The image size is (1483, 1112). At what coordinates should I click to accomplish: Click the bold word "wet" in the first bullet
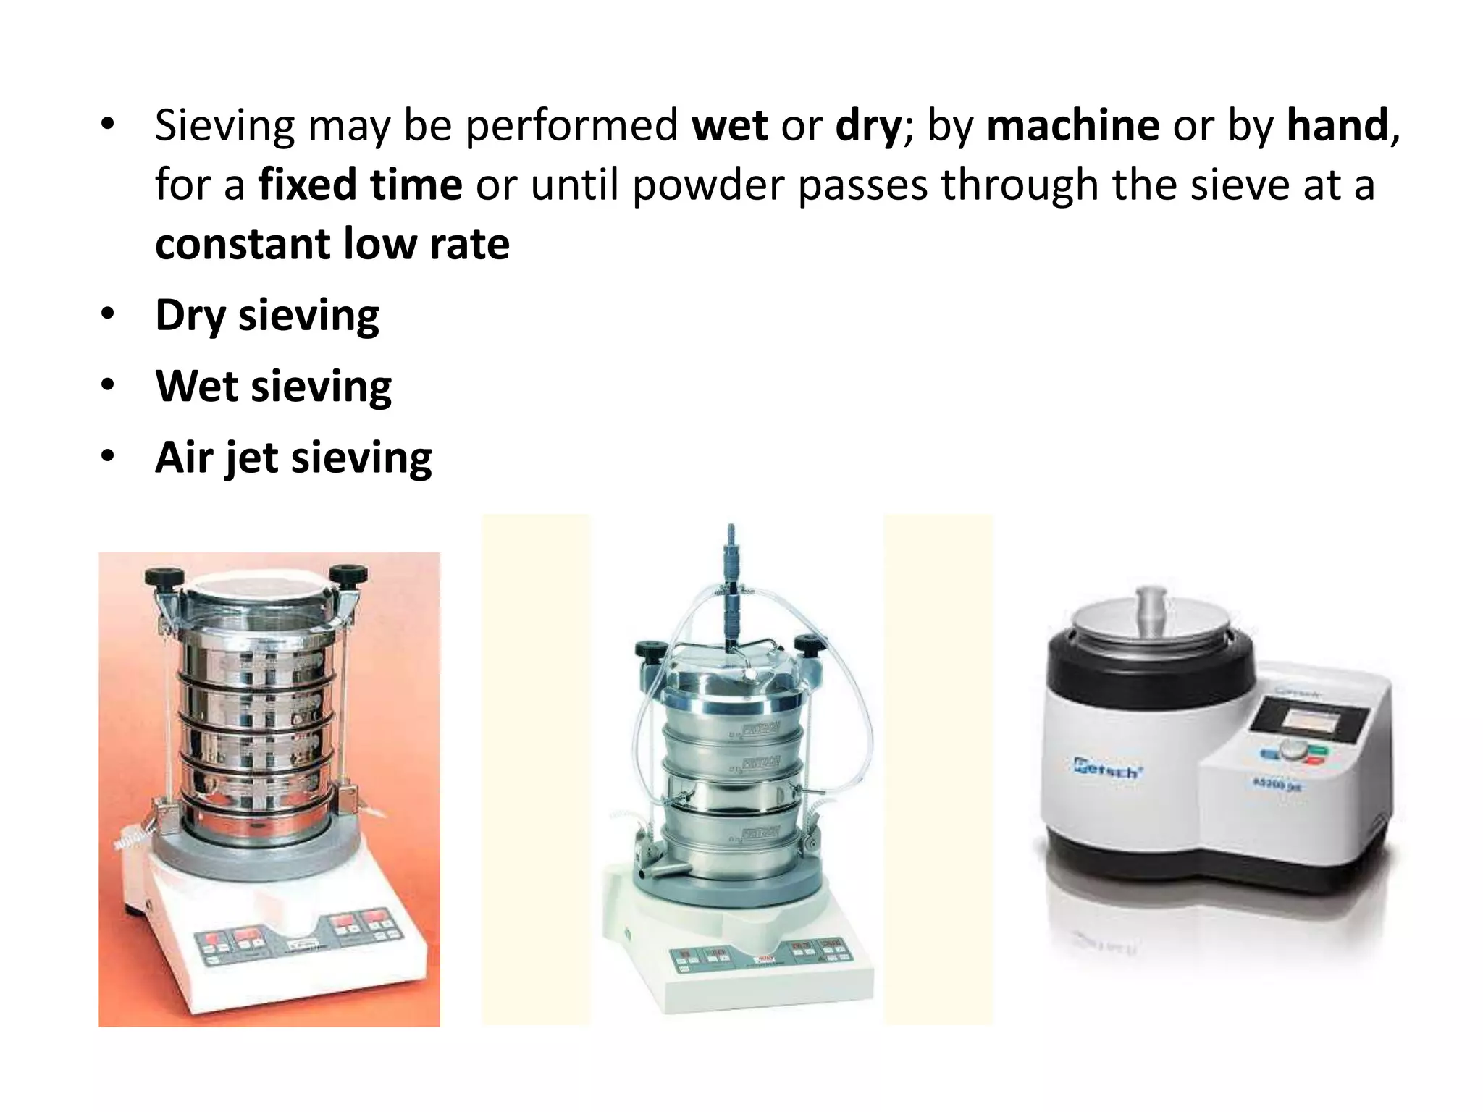pyautogui.click(x=729, y=126)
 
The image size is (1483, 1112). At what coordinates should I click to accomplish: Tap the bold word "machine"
pyautogui.click(x=1073, y=126)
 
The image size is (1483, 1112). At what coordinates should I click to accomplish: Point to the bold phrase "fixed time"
pyautogui.click(x=360, y=185)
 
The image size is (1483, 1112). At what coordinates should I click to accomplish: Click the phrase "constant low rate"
pyautogui.click(x=332, y=244)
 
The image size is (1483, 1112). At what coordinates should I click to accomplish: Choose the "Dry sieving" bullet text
pyautogui.click(x=267, y=316)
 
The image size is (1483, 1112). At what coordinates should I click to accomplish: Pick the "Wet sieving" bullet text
pyautogui.click(x=273, y=387)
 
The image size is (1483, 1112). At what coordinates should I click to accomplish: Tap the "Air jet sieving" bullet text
pyautogui.click(x=293, y=458)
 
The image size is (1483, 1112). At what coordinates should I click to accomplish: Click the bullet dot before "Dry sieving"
pyautogui.click(x=108, y=315)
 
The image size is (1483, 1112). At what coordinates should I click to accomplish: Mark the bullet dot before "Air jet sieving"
pyautogui.click(x=108, y=457)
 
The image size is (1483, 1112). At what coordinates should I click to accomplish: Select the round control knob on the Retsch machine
pyautogui.click(x=1291, y=750)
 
